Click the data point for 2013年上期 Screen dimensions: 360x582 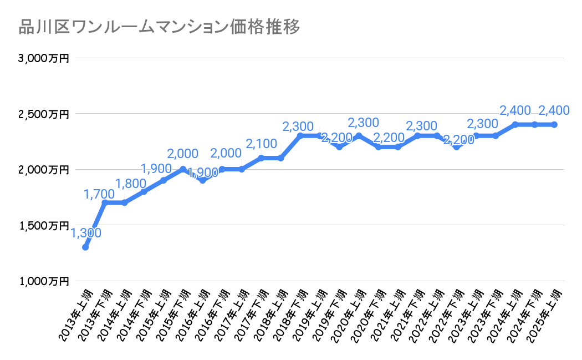tap(85, 247)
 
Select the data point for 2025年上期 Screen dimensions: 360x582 tap(554, 125)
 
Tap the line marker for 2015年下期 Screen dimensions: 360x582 tap(183, 169)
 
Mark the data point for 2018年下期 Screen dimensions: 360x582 tap(300, 136)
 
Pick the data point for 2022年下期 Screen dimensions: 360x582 tap(456, 147)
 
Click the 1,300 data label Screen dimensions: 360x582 tap(86, 233)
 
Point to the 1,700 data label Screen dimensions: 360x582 tap(100, 194)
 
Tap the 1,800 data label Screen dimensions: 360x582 tap(131, 184)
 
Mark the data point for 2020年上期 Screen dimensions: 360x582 tap(359, 136)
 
